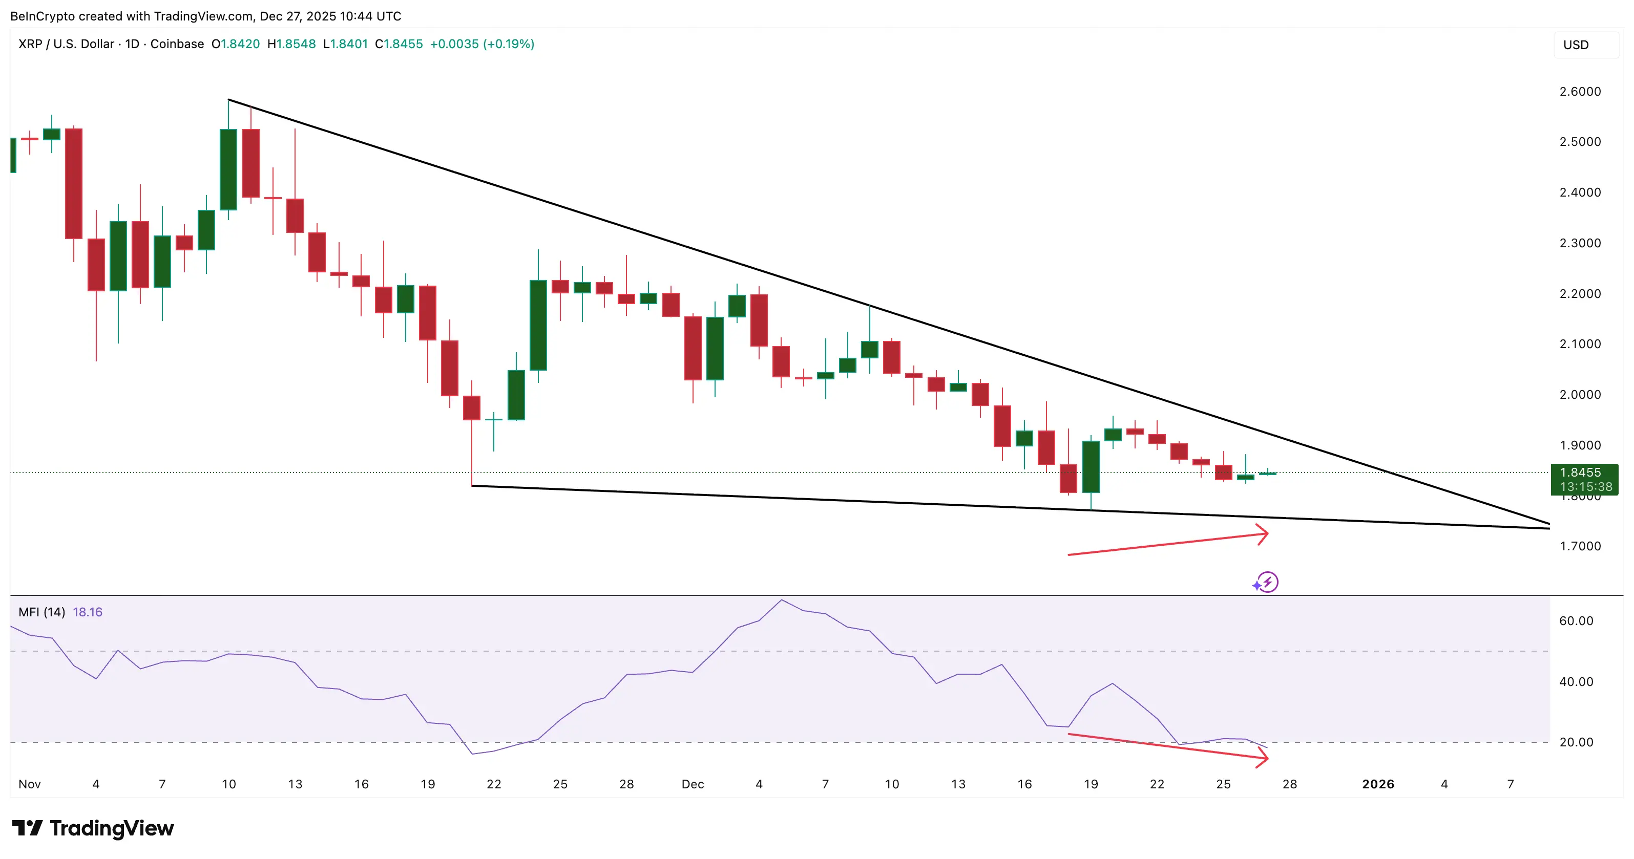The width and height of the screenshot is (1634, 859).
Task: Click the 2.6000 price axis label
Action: pos(1580,91)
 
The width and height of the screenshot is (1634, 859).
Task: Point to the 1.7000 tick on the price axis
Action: pos(1580,546)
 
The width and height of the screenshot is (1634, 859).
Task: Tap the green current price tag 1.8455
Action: pos(1583,479)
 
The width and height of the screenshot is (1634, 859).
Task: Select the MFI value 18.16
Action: pos(88,612)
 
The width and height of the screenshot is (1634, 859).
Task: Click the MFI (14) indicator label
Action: pos(42,612)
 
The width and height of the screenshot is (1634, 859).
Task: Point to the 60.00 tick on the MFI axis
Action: pos(1576,620)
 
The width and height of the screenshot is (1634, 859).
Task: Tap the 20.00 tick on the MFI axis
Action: pos(1576,742)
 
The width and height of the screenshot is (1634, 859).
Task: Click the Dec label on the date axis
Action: pos(692,784)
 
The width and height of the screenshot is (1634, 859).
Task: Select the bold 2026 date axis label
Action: pos(1378,784)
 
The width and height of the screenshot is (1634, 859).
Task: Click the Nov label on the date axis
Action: pos(29,784)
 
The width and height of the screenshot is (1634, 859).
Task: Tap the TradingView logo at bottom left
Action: pos(93,828)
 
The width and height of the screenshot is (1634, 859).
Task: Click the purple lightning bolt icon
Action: pos(1267,582)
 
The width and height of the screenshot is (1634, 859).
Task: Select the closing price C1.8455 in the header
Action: pos(399,44)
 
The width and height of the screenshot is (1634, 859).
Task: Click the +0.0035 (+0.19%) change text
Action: pos(482,44)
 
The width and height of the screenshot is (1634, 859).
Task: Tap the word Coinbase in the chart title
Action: pos(177,44)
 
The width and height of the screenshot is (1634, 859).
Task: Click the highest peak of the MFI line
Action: pos(782,600)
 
